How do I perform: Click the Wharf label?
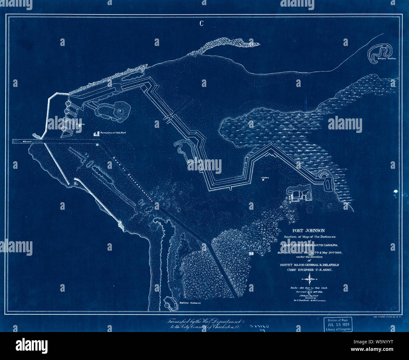point(27,142)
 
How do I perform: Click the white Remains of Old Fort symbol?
point(96,134)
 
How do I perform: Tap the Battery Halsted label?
point(190,303)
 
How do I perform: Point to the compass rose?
point(310,279)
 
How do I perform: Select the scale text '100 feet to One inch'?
point(310,288)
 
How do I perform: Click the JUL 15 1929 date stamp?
point(338,323)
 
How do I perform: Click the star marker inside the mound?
point(120,111)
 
